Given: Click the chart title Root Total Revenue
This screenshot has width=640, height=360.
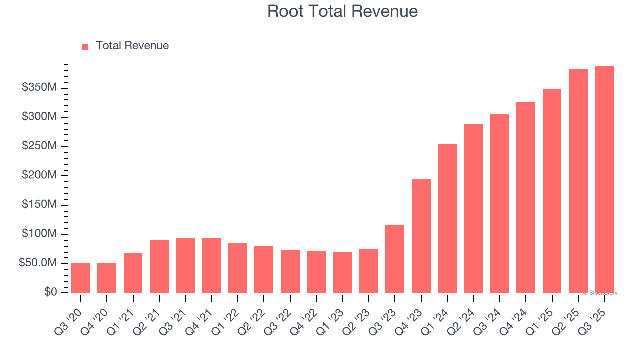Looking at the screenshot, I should pyautogui.click(x=342, y=11).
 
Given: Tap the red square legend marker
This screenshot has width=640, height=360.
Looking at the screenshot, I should pyautogui.click(x=85, y=46).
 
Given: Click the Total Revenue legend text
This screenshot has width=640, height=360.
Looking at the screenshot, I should pyautogui.click(x=132, y=46).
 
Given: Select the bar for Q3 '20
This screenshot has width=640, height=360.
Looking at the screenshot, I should pyautogui.click(x=81, y=278).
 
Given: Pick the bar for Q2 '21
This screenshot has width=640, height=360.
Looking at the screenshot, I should pyautogui.click(x=159, y=266).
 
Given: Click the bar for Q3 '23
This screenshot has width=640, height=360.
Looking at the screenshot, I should pyautogui.click(x=395, y=259).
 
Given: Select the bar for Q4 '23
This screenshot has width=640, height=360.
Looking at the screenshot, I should pyautogui.click(x=421, y=236).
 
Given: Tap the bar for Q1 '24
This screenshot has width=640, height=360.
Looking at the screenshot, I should pyautogui.click(x=447, y=218).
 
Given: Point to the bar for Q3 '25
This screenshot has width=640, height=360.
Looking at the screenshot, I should pyautogui.click(x=604, y=180).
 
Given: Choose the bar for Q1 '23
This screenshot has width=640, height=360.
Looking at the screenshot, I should pyautogui.click(x=342, y=272).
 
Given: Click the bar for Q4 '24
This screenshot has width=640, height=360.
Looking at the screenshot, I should pyautogui.click(x=526, y=197).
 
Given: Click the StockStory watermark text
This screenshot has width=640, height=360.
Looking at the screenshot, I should pyautogui.click(x=600, y=293).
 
